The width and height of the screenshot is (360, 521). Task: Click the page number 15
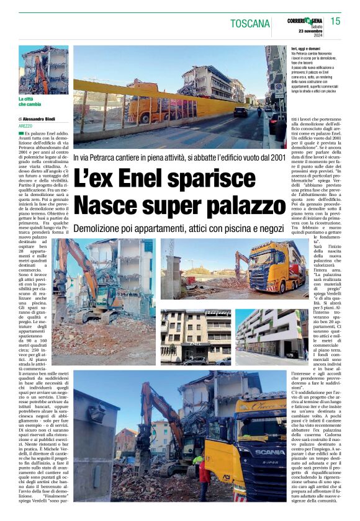point(335,21)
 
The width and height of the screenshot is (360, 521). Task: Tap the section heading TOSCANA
point(250,24)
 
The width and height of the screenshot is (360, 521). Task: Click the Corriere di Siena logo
point(305,20)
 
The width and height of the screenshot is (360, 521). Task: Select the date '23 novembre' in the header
point(308,31)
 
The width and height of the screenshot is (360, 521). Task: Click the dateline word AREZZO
point(26,126)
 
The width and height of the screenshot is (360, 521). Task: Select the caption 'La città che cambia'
point(30,102)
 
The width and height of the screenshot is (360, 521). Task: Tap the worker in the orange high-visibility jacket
point(203,471)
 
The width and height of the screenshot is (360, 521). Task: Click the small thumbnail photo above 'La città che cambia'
point(43,69)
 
